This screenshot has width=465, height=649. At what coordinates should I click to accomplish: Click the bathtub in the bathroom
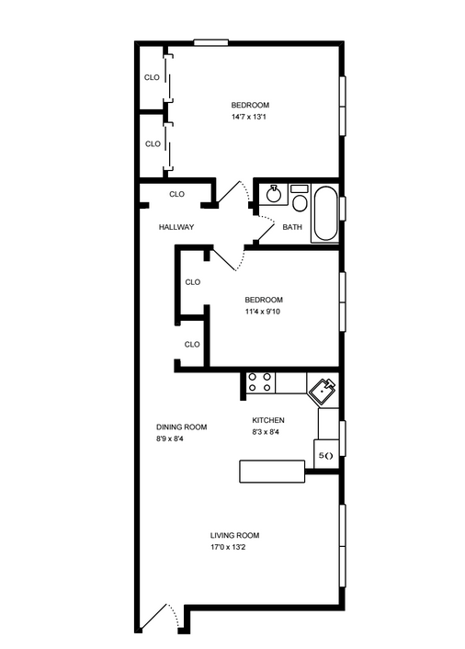pyautogui.click(x=325, y=213)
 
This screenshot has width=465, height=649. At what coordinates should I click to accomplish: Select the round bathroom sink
pyautogui.click(x=273, y=195)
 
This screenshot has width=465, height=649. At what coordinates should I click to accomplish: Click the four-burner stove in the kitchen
pyautogui.click(x=259, y=381)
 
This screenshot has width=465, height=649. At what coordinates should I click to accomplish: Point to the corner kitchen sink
pyautogui.click(x=323, y=392)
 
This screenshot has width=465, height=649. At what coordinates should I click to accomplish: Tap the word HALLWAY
pyautogui.click(x=176, y=227)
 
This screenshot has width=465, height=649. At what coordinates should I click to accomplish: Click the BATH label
pyautogui.click(x=292, y=227)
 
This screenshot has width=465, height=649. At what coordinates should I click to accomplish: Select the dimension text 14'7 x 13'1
pyautogui.click(x=250, y=117)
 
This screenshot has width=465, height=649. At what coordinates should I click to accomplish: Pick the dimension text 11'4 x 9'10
pyautogui.click(x=264, y=312)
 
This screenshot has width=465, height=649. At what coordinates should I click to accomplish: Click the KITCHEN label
pyautogui.click(x=268, y=420)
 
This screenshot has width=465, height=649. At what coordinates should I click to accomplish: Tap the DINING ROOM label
pyautogui.click(x=181, y=427)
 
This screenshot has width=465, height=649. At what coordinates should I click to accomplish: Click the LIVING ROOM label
pyautogui.click(x=234, y=535)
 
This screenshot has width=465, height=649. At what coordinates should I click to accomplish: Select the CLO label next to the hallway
pyautogui.click(x=176, y=194)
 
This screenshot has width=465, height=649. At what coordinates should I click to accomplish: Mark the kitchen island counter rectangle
pyautogui.click(x=272, y=471)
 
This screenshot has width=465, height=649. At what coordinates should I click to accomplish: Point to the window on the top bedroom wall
pyautogui.click(x=211, y=41)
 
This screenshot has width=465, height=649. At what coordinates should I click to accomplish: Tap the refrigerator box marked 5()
pyautogui.click(x=325, y=455)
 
